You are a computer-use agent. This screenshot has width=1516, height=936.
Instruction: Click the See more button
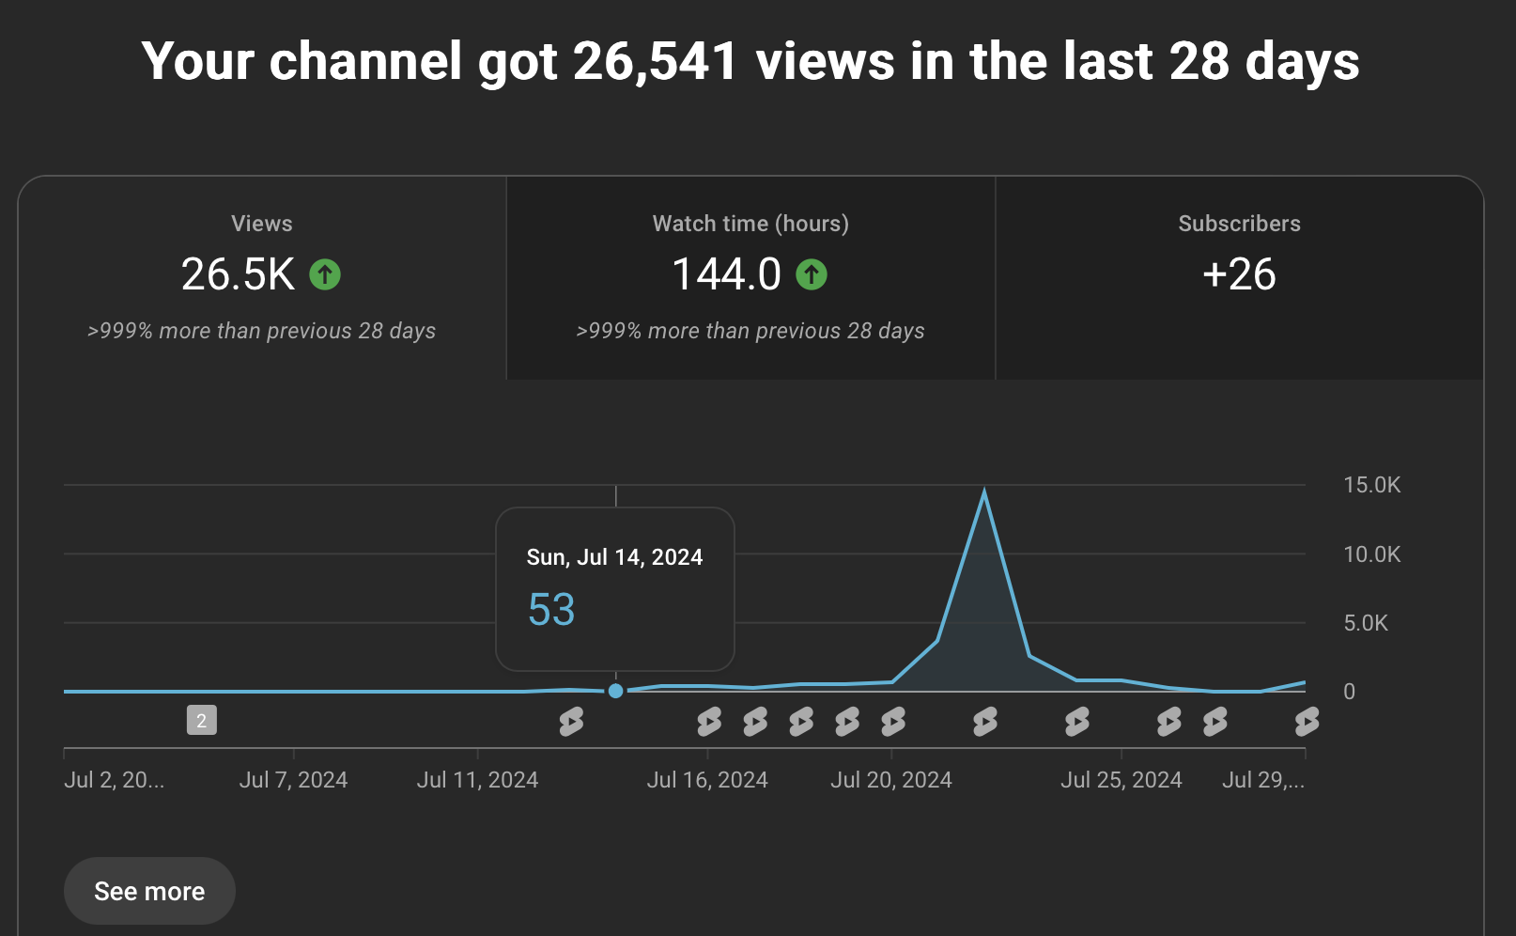click(149, 891)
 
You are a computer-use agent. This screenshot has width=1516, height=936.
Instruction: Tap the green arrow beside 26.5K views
click(325, 274)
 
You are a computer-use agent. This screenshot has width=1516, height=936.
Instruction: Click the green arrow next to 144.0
click(812, 274)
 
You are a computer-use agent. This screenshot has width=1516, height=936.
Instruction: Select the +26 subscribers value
click(1239, 274)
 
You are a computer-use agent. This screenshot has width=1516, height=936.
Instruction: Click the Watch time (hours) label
click(750, 224)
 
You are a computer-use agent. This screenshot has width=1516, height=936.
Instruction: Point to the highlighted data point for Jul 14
click(616, 691)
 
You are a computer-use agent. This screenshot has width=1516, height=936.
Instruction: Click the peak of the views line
click(984, 489)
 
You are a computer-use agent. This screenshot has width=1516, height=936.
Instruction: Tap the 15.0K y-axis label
click(1372, 485)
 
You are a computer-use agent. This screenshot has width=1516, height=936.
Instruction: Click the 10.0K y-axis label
click(1372, 554)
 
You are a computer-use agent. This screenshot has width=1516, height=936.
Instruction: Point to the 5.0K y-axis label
click(1366, 623)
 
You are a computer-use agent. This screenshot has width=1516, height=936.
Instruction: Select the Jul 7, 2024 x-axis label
click(293, 780)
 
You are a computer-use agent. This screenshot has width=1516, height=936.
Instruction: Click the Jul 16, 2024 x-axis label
click(707, 780)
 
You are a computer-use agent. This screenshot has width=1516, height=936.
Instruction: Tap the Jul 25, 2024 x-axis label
click(1122, 780)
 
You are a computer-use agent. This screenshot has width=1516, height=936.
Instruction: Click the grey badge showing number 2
click(202, 720)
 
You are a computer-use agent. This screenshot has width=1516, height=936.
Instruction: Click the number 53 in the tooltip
click(551, 610)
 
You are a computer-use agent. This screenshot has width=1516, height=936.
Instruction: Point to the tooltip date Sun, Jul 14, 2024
click(614, 557)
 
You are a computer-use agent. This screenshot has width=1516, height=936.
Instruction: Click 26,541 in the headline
click(655, 62)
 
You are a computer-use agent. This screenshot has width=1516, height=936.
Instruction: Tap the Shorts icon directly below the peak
click(985, 722)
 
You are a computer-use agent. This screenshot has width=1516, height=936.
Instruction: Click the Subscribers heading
click(1239, 224)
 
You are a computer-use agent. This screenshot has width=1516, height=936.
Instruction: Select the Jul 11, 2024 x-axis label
click(477, 780)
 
